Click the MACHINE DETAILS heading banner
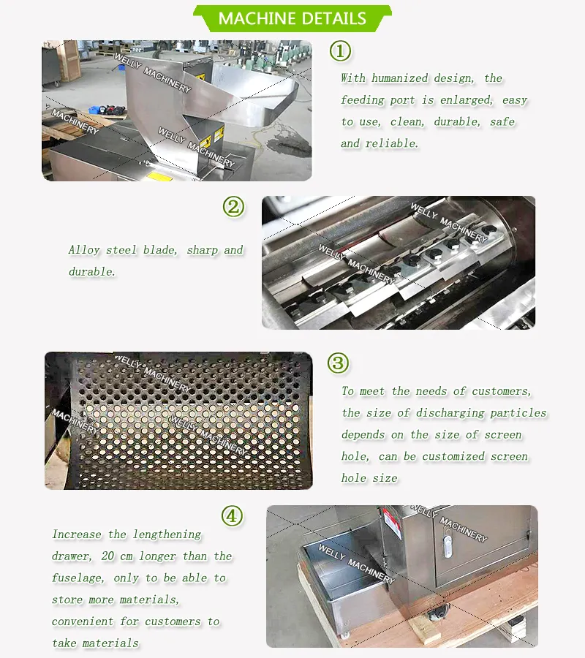292,18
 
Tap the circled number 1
340,51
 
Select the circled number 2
233,207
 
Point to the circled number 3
339,363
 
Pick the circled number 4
233,515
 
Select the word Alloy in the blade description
84,250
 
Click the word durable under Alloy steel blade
91,272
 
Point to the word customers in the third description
502,391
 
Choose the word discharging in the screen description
450,413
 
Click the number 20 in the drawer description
107,556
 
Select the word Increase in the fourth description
76,534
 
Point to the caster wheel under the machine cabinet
435,616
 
